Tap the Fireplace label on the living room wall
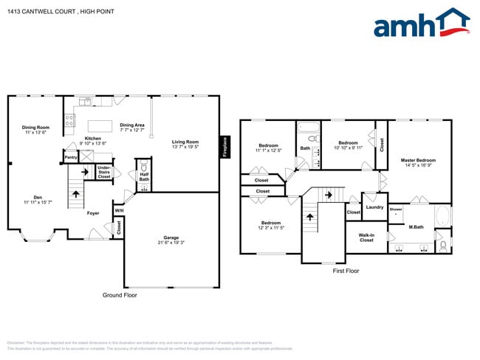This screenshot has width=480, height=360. (224, 147)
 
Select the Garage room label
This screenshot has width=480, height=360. (171, 238)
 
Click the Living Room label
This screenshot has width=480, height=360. (185, 142)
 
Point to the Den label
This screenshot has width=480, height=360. (37, 197)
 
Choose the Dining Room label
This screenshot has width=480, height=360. (35, 128)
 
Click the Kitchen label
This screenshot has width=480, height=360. (93, 139)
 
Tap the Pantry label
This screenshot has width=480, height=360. (71, 157)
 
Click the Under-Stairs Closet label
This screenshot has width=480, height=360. (104, 173)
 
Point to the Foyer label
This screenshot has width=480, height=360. (93, 213)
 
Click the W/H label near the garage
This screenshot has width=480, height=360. (118, 211)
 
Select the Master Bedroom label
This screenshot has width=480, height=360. (418, 160)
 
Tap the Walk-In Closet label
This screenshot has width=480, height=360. (366, 238)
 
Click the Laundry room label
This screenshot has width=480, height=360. (374, 207)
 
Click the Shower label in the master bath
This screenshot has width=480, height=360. (396, 210)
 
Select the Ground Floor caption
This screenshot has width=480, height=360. (119, 295)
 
